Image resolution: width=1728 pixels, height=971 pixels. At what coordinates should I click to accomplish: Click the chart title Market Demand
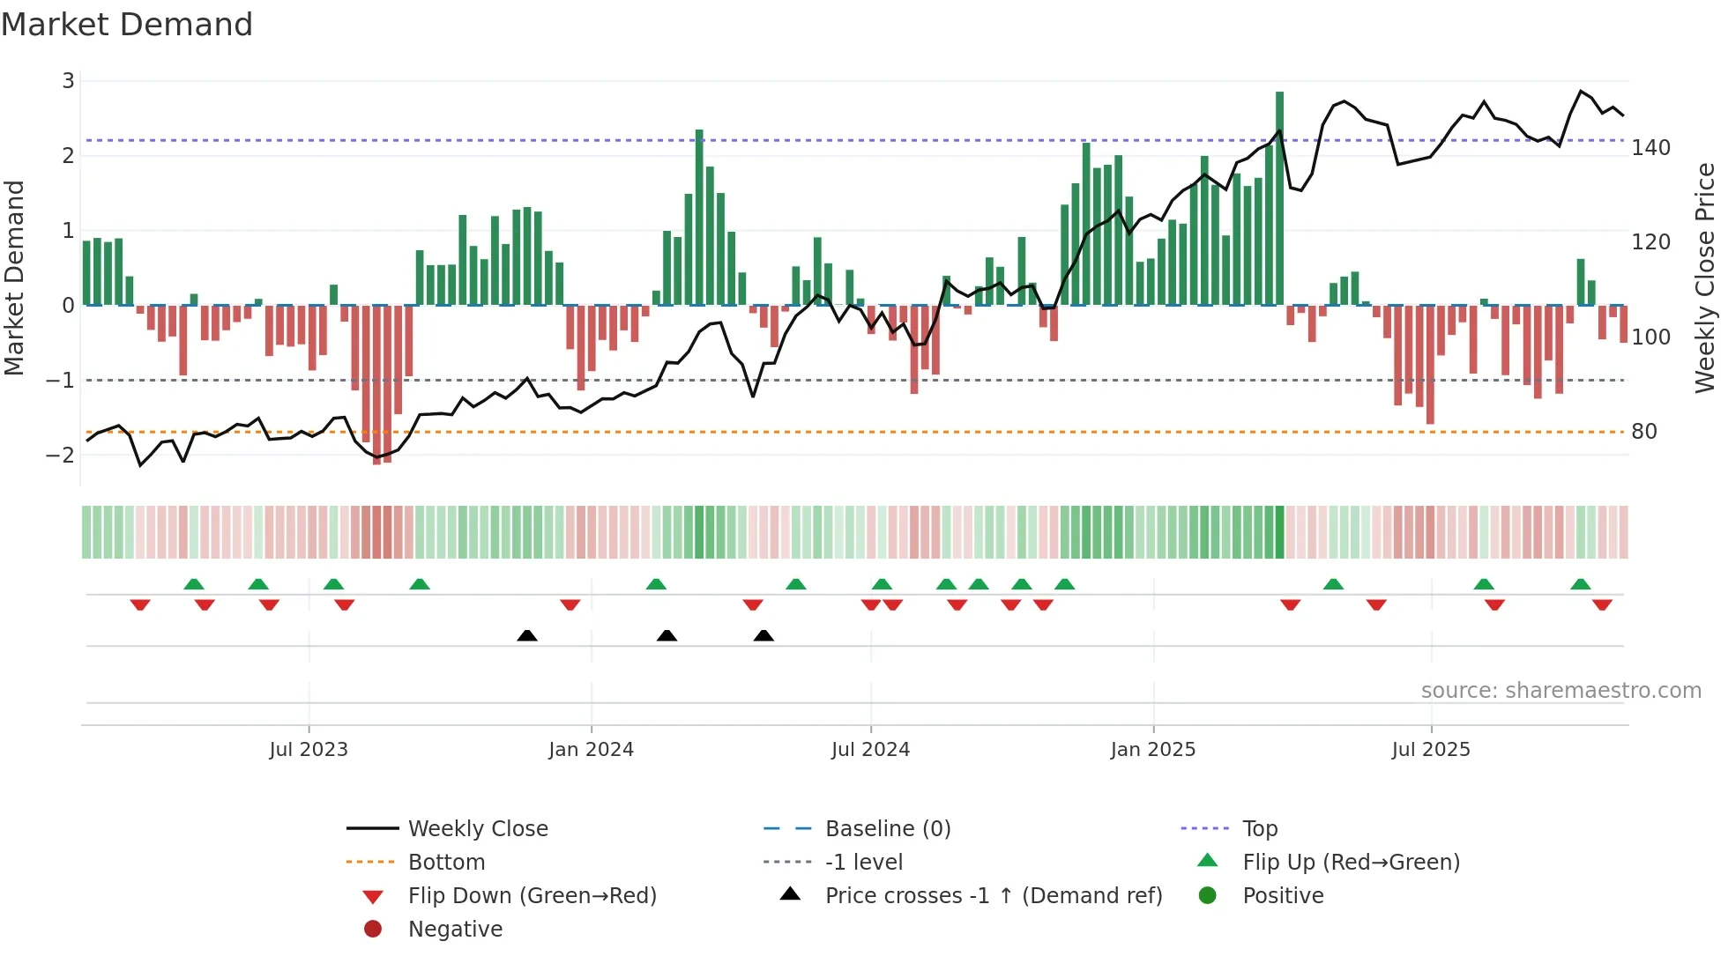pos(127,24)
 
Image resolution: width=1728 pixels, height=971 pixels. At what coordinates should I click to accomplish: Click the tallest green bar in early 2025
pos(1279,198)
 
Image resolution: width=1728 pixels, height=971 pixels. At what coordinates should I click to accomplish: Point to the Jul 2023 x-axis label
pos(309,749)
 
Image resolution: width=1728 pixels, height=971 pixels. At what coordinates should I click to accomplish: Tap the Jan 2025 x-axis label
pos(1152,749)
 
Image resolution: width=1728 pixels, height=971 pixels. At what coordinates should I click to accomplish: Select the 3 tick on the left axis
pos(68,81)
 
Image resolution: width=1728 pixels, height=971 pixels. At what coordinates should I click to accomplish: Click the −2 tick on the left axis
pos(60,455)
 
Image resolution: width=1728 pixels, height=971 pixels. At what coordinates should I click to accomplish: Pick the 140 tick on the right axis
pos(1650,147)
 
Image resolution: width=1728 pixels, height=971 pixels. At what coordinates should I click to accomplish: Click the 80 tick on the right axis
pos(1643,431)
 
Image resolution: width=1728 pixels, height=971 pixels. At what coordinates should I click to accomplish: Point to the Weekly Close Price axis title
pos(1705,278)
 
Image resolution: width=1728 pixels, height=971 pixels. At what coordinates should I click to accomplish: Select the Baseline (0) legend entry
pos(887,828)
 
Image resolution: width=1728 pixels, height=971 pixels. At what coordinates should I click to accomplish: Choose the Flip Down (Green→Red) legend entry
pos(532,895)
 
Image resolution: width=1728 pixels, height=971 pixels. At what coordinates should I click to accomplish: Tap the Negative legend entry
pos(455,929)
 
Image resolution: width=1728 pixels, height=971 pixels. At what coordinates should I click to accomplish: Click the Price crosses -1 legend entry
pos(993,895)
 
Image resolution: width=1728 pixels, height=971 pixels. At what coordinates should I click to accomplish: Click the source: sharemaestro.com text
pos(1560,690)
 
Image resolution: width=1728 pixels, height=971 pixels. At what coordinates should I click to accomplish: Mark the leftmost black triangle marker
pos(527,635)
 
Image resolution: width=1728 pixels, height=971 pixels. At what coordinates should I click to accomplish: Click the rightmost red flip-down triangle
pos(1602,604)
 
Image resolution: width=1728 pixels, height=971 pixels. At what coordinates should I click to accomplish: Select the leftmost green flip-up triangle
pos(194,584)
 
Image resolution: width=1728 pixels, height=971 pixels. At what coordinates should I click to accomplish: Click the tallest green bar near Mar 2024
pos(699,218)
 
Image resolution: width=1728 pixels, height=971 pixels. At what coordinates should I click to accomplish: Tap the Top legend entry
pos(1259,828)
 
